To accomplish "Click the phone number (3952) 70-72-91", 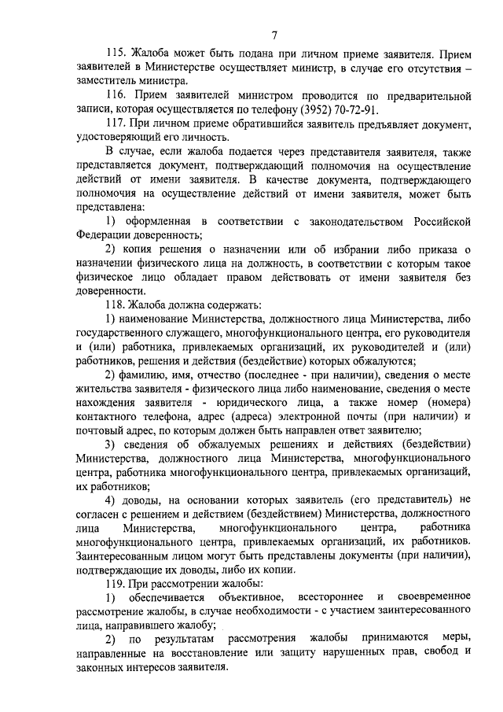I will [329, 109].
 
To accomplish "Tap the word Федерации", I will [105, 234].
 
